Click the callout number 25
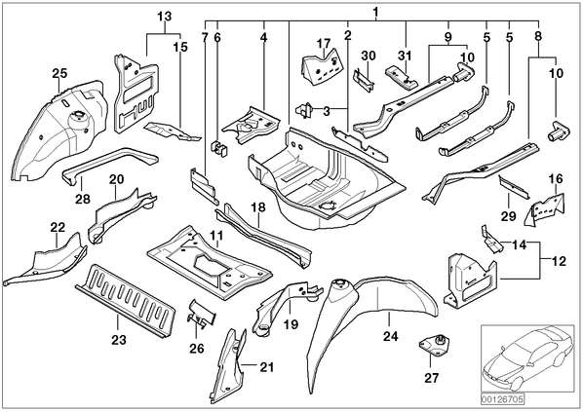tap(59, 73)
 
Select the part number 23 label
tap(119, 340)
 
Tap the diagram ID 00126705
tap(503, 399)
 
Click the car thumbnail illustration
tap(527, 358)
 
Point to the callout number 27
tap(431, 378)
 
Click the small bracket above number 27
tap(434, 345)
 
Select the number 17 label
tap(324, 44)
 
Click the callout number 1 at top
tap(376, 13)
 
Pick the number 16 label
tap(556, 178)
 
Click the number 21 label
tap(266, 367)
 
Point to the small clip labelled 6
tap(219, 148)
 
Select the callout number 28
tap(83, 199)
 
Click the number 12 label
tap(559, 261)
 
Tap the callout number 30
tap(369, 56)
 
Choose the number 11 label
tap(216, 236)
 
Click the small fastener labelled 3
tap(305, 110)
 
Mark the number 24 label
tap(390, 337)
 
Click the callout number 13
tap(165, 17)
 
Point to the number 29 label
tap(508, 216)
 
